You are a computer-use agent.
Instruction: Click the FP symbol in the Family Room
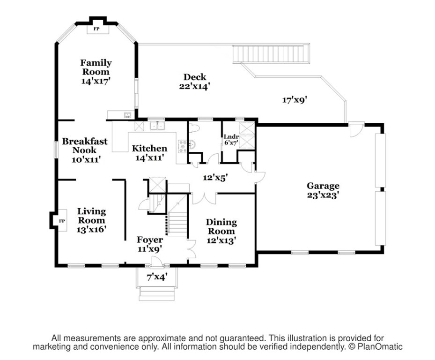[97, 29]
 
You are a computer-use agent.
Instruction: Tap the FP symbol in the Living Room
[61, 220]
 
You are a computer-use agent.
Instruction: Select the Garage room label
[323, 186]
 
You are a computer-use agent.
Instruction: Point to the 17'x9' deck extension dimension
[295, 99]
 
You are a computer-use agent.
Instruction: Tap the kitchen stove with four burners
[181, 146]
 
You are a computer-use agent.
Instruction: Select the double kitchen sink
[157, 126]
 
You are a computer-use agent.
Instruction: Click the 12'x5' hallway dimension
[215, 178]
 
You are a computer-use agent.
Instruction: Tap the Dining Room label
[221, 227]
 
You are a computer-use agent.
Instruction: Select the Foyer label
[150, 240]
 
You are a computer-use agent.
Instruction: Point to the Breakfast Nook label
[85, 146]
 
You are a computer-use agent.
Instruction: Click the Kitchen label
[149, 149]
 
